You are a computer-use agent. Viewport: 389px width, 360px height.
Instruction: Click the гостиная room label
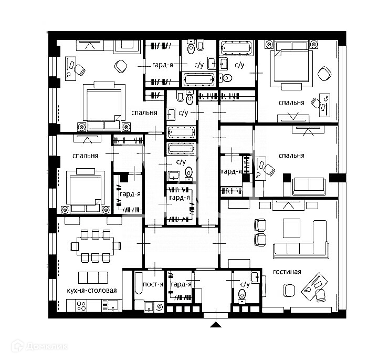287,272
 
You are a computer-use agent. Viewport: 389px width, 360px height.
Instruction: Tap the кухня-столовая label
92,290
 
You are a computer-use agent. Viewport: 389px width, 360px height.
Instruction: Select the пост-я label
153,284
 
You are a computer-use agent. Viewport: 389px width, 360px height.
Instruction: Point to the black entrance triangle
215,324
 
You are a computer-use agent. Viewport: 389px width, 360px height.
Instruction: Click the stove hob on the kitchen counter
81,305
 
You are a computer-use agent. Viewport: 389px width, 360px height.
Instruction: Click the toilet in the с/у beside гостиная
242,295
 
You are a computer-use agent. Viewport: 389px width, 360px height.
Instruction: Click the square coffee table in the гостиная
291,228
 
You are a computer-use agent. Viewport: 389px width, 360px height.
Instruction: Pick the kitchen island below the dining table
93,277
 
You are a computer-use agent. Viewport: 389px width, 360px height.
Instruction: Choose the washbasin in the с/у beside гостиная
255,277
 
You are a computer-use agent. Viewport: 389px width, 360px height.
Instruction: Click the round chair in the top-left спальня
121,66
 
